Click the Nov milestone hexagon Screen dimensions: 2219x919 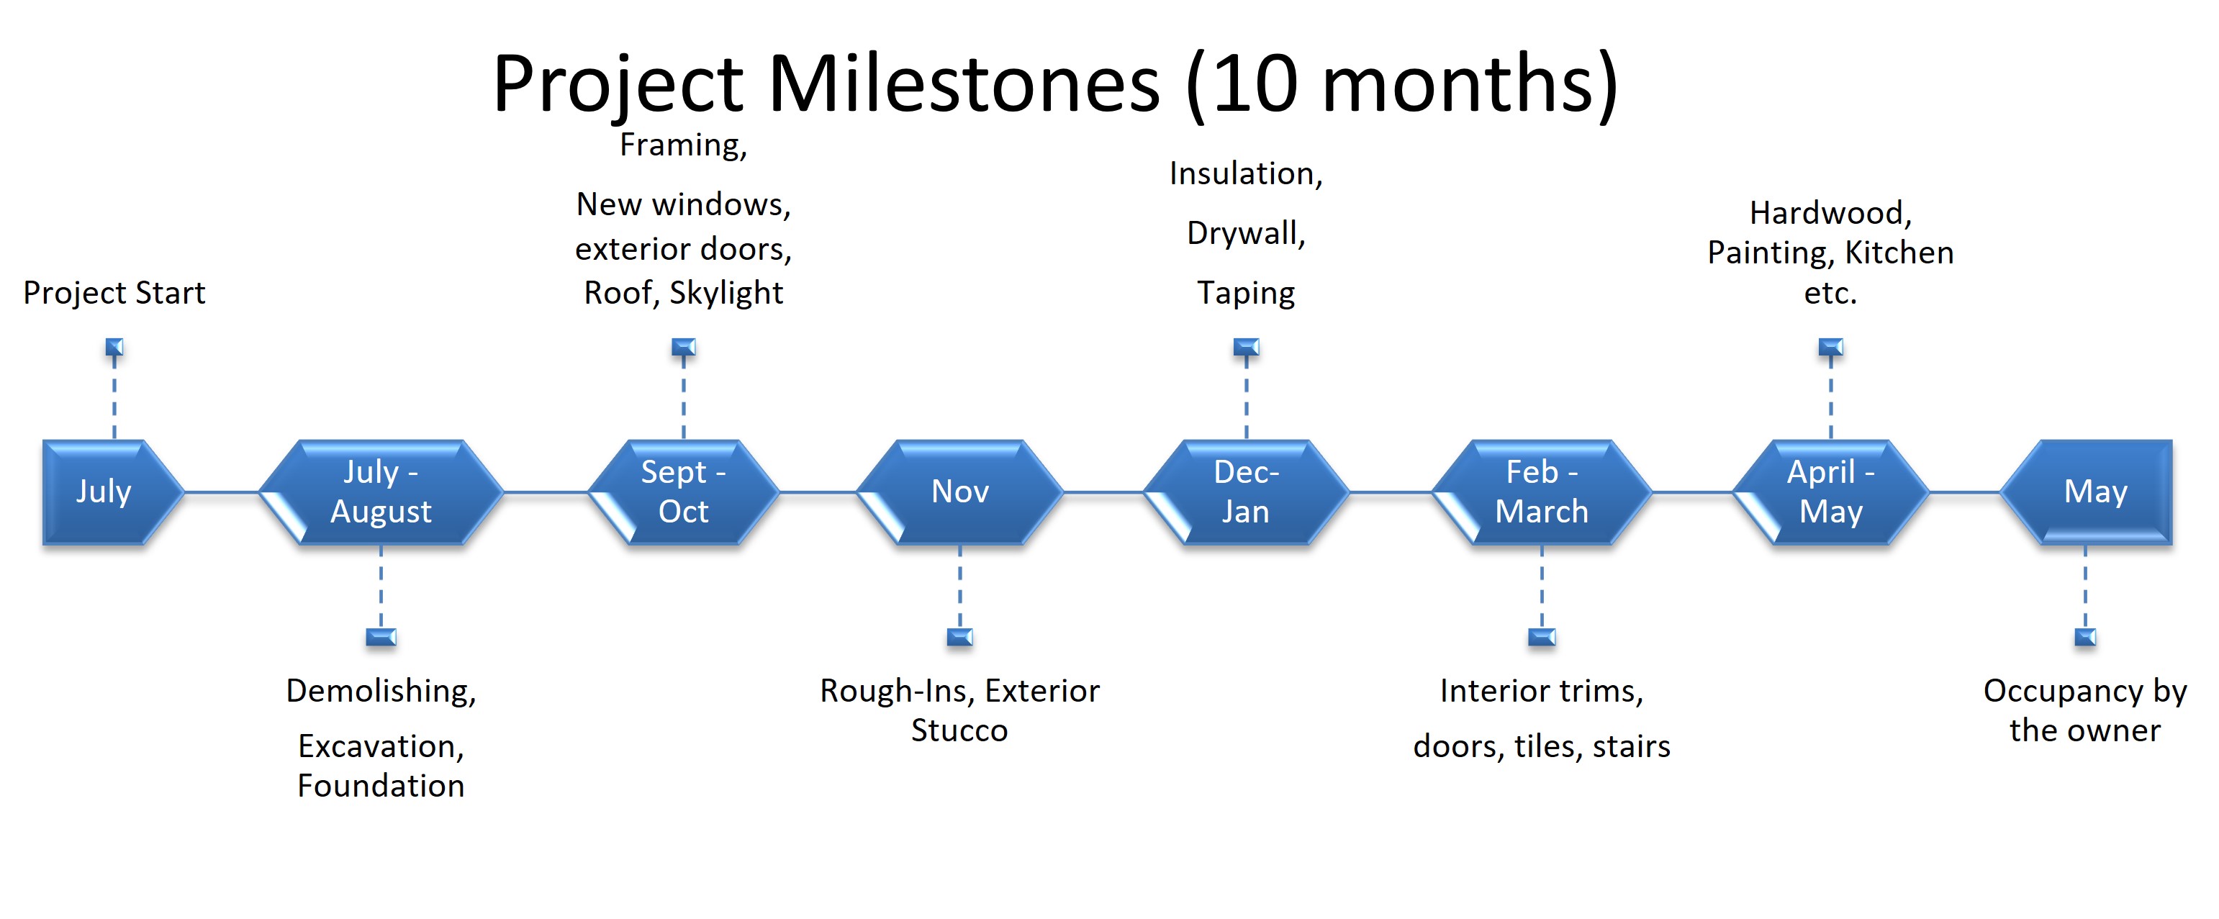pyautogui.click(x=959, y=492)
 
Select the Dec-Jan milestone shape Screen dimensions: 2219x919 pyautogui.click(x=1246, y=492)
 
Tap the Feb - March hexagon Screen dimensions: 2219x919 pyautogui.click(x=1541, y=492)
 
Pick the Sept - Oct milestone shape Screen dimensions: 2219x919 pyautogui.click(x=683, y=492)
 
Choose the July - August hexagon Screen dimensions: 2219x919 pyautogui.click(x=381, y=492)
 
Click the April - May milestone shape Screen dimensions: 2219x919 pyautogui.click(x=1830, y=492)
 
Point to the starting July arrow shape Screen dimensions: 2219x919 pyautogui.click(x=113, y=492)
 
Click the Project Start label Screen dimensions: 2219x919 pyautogui.click(x=114, y=293)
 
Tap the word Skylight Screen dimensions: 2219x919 pyautogui.click(x=726, y=293)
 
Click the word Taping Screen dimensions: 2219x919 pyautogui.click(x=1246, y=294)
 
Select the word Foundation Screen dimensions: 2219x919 pyautogui.click(x=381, y=785)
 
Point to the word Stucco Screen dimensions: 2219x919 pyautogui.click(x=959, y=730)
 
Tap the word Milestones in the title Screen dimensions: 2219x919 pyautogui.click(x=964, y=83)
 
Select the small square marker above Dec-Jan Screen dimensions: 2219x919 pyautogui.click(x=1246, y=347)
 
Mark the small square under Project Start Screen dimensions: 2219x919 pyautogui.click(x=114, y=347)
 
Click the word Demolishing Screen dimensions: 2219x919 pyautogui.click(x=381, y=692)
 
